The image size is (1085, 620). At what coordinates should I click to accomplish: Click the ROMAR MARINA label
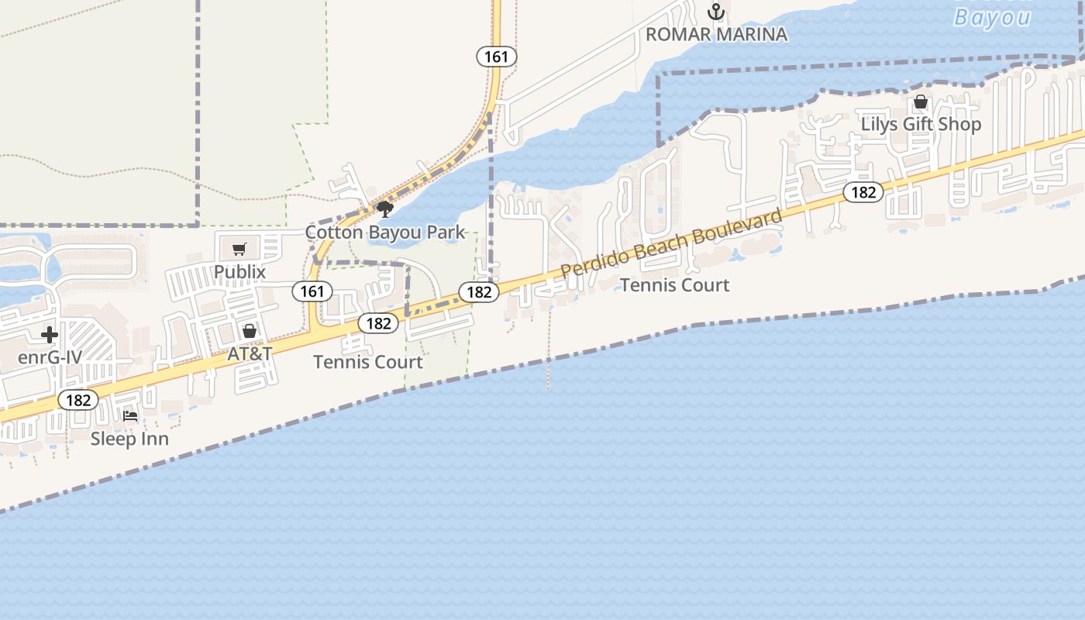pos(716,34)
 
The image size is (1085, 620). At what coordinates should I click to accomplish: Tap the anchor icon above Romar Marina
pos(716,12)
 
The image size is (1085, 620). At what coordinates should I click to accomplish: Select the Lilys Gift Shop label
pos(921,124)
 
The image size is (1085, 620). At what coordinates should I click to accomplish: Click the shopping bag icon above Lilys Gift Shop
pos(921,102)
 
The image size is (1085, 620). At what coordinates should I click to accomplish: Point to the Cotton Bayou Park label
pos(385,232)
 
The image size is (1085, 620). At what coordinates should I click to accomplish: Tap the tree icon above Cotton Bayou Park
pos(385,208)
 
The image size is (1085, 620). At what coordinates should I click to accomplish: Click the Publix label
pos(239,272)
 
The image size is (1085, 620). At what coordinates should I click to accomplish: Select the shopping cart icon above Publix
pos(239,249)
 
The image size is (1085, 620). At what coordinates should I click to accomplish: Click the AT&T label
pos(250,354)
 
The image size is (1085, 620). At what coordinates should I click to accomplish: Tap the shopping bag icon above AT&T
pos(250,331)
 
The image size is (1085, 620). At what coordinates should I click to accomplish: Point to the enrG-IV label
pos(50,358)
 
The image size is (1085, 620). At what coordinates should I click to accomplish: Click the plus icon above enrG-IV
pos(50,335)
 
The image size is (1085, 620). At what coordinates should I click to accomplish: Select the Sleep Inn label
pos(129,439)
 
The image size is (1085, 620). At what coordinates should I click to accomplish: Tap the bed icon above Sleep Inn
pos(130,416)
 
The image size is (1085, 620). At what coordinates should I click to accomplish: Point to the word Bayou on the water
pos(992,17)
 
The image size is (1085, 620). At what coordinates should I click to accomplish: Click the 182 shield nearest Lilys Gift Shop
pos(863,192)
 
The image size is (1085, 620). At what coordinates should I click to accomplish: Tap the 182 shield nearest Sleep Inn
pos(78,401)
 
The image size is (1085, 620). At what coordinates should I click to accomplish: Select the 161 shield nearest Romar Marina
pos(496,57)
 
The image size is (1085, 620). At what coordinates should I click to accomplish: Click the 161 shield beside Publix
pos(312,291)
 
